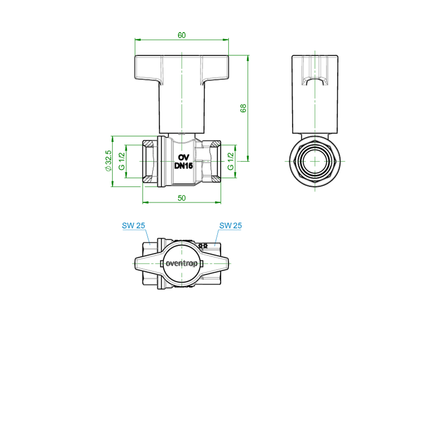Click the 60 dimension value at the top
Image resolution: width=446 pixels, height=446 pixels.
pyautogui.click(x=182, y=35)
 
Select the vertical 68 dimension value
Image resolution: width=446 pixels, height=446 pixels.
pyautogui.click(x=243, y=108)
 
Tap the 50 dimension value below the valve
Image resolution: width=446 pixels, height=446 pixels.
pyautogui.click(x=182, y=198)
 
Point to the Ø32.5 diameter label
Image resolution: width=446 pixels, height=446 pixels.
pyautogui.click(x=108, y=161)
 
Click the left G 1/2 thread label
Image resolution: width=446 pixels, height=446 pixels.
pyautogui.click(x=122, y=161)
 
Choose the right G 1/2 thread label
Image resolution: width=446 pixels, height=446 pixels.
pyautogui.click(x=231, y=161)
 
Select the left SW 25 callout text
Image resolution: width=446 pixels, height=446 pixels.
pyautogui.click(x=133, y=226)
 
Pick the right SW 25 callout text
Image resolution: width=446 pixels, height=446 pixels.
pyautogui.click(x=231, y=226)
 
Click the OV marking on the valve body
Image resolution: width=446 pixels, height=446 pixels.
pyautogui.click(x=183, y=157)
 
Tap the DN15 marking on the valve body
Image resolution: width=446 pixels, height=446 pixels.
pyautogui.click(x=183, y=165)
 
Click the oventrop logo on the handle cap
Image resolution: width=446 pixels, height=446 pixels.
pyautogui.click(x=182, y=264)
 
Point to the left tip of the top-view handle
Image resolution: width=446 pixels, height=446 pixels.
pyautogui.click(x=135, y=264)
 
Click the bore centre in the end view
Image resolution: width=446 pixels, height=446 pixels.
pyautogui.click(x=315, y=161)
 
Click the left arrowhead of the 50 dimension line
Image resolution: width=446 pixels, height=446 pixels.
pyautogui.click(x=145, y=202)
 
